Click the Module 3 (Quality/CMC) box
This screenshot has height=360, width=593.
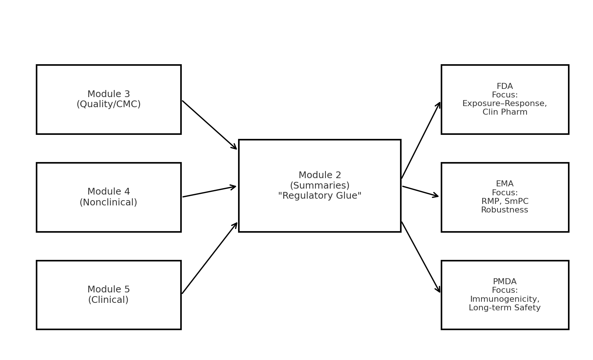(109, 99)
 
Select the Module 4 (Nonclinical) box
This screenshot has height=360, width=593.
(109, 197)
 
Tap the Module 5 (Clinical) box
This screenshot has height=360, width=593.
(109, 295)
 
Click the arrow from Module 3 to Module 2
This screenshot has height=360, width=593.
(209, 125)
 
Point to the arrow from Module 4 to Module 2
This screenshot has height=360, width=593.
(209, 191)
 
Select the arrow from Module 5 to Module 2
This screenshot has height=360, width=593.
(209, 258)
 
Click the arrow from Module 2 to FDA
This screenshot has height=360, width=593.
(421, 140)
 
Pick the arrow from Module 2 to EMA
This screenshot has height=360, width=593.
(420, 191)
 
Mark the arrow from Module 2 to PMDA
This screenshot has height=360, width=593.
(421, 257)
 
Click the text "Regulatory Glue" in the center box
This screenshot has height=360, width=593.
(320, 196)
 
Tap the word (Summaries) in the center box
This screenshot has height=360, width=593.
(320, 186)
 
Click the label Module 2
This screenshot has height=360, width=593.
(320, 175)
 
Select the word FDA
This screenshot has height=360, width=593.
(505, 86)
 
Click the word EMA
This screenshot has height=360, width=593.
(505, 184)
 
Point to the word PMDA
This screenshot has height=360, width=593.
(505, 282)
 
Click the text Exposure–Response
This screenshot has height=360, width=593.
(505, 103)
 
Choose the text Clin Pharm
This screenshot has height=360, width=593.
(505, 112)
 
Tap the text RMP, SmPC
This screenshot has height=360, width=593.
(505, 201)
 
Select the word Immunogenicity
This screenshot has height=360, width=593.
(505, 299)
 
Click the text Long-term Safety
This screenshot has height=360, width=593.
(505, 308)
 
